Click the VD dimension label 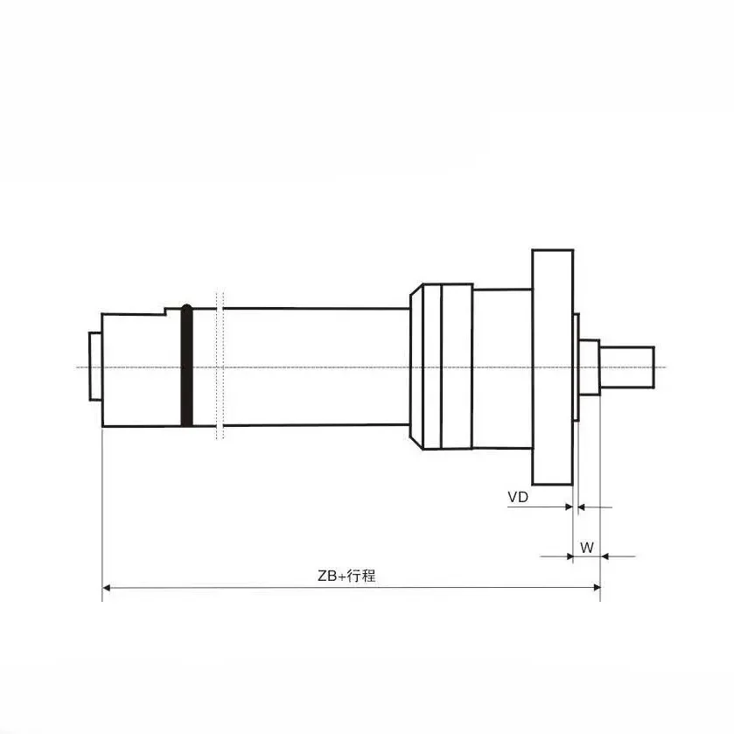(518, 497)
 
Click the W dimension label (587, 549)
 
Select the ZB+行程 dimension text (346, 576)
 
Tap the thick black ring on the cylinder (186, 366)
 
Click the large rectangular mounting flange (552, 367)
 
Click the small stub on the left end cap (94, 366)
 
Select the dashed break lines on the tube (220, 366)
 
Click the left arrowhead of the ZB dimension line (108, 587)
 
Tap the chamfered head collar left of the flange (427, 367)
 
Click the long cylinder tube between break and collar (315, 366)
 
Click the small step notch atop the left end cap (166, 311)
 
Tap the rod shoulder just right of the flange (589, 367)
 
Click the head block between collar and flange (501, 367)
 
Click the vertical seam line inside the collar (442, 367)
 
